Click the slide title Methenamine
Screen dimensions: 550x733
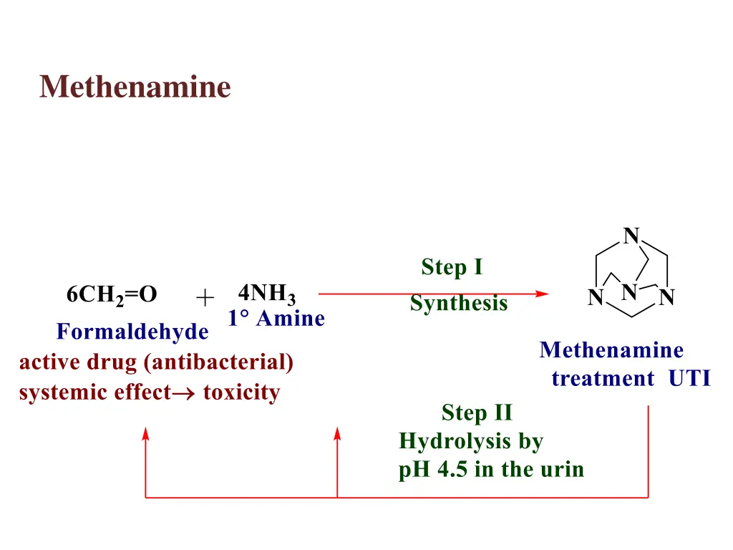[x=135, y=87]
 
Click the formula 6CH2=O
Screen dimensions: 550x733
[x=112, y=295]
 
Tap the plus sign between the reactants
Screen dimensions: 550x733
[x=205, y=296]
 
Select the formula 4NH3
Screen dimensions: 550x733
[x=266, y=294]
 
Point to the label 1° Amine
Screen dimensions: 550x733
[x=276, y=319]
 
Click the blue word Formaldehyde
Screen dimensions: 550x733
[x=132, y=332]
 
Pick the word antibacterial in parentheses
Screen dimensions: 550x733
[x=218, y=362]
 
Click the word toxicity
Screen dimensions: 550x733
[x=241, y=392]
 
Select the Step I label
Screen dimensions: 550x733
[x=452, y=268]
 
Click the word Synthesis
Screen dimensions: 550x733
[x=459, y=304]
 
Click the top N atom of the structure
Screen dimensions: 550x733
[x=631, y=236]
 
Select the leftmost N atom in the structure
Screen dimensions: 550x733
[x=595, y=298]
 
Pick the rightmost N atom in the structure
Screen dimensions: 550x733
[x=667, y=298]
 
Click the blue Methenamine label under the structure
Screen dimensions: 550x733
[x=611, y=350]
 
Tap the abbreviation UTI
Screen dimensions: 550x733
[x=690, y=379]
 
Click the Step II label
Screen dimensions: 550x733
[x=477, y=413]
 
